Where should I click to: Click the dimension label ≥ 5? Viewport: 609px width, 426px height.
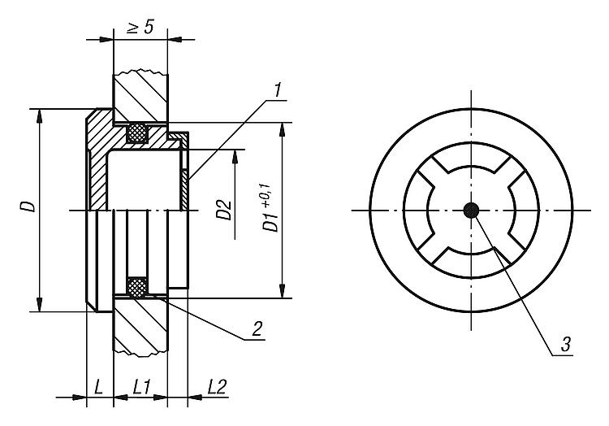140,28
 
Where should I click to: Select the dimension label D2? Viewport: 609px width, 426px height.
224,210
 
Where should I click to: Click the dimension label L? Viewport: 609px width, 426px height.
98,387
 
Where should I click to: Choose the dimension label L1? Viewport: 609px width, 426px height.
142,387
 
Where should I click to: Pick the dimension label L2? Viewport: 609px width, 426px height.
217,387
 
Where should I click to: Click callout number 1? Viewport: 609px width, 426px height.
278,90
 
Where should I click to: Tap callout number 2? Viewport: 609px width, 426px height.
257,329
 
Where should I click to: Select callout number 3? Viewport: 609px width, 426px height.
565,345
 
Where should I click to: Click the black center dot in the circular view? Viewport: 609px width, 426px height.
471,211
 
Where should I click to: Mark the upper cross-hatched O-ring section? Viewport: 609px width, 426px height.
138,133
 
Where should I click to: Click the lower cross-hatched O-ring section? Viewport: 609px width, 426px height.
137,287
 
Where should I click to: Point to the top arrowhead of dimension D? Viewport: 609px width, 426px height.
39,115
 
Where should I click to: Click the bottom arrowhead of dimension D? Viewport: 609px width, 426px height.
39,304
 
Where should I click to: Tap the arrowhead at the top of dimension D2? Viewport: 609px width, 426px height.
235,156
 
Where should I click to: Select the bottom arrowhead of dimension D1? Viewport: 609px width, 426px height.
283,291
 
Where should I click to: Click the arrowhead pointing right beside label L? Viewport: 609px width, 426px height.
79,398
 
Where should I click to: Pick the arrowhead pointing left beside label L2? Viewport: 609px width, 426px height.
195,398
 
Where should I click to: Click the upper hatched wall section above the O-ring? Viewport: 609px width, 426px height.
140,98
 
